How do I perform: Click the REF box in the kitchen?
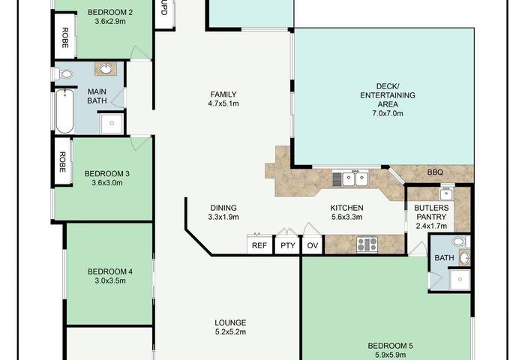tap(259, 244)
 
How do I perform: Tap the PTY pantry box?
tap(287, 245)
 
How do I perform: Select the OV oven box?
tap(313, 245)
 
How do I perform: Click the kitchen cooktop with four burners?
tap(367, 244)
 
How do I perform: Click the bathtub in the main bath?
tap(64, 111)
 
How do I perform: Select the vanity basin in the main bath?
tap(106, 69)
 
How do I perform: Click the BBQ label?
tap(435, 172)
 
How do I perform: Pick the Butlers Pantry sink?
tap(447, 193)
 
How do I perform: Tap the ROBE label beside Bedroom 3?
tap(62, 162)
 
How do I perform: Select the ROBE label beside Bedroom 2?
tap(65, 37)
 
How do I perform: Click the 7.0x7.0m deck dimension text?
tap(388, 113)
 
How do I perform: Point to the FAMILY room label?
tap(223, 94)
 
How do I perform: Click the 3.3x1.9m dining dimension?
tap(223, 217)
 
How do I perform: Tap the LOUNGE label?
tap(230, 322)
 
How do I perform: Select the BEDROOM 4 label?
tap(110, 271)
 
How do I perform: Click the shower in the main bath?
tap(112, 124)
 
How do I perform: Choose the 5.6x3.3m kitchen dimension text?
tap(346, 217)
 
